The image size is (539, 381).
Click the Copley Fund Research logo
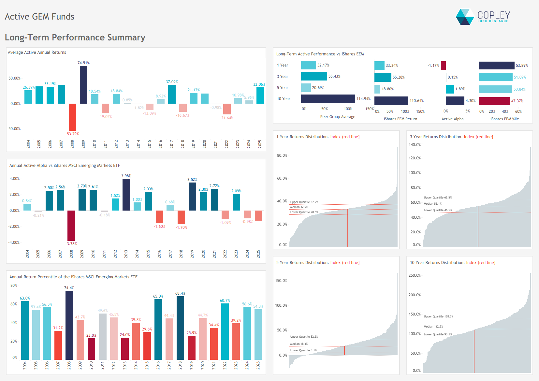[x=483, y=17]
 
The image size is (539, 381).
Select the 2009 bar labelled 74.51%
[x=83, y=85]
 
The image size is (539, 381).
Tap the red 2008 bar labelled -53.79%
[x=72, y=117]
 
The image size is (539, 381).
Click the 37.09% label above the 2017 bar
[x=172, y=82]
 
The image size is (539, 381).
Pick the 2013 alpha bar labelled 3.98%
[x=126, y=195]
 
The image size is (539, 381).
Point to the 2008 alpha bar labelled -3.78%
[x=71, y=226]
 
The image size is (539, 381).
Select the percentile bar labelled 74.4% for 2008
[x=69, y=325]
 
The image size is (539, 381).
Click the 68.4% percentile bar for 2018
[x=180, y=328]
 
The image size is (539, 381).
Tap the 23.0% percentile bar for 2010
[x=91, y=349]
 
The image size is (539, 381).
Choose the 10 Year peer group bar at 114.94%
[x=328, y=99]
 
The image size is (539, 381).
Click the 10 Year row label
[x=284, y=99]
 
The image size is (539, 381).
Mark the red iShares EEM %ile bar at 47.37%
[x=494, y=101]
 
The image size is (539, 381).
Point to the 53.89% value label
[x=522, y=66]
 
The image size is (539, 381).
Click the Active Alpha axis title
[x=452, y=119]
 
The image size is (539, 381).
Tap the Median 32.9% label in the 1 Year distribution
[x=299, y=207]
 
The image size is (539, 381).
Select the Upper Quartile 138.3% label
[x=438, y=316]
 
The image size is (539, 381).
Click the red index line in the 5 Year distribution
[x=344, y=350]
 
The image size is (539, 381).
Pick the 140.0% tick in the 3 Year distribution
[x=415, y=145]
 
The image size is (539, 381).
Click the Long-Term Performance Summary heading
[x=75, y=37]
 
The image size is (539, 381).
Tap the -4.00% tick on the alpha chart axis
[x=14, y=242]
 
